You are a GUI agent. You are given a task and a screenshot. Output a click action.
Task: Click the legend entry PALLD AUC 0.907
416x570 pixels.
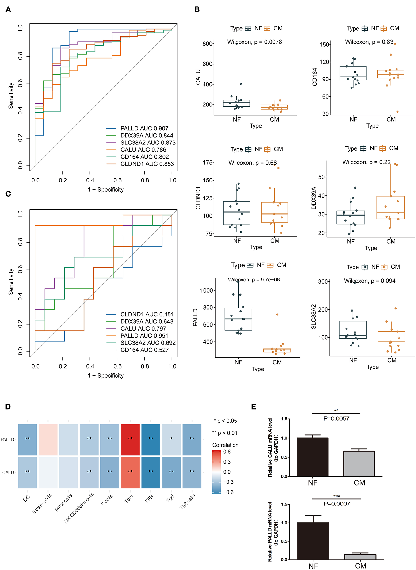click(x=144, y=128)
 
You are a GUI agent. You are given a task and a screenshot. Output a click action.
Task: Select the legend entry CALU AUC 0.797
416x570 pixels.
click(x=143, y=329)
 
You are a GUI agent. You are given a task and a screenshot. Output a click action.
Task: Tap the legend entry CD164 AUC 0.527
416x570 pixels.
click(x=144, y=350)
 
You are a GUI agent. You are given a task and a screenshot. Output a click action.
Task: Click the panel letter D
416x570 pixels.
click(x=8, y=407)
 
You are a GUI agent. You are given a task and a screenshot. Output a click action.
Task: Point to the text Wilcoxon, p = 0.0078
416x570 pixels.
click(x=254, y=42)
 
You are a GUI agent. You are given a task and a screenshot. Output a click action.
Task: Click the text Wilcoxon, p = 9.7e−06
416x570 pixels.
click(x=254, y=280)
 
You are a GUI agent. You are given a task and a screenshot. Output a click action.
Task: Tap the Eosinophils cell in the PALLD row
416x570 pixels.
click(x=48, y=439)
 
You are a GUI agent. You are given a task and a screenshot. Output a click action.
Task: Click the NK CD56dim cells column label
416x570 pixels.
click(x=79, y=507)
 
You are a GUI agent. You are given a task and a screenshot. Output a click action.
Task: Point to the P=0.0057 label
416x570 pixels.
click(x=336, y=418)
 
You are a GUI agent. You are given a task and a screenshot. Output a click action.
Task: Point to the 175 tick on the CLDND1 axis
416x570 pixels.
click(x=208, y=163)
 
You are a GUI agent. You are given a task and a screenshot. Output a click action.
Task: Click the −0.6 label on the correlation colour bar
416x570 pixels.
click(x=228, y=492)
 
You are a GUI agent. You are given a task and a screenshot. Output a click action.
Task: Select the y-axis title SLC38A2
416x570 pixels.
click(x=313, y=317)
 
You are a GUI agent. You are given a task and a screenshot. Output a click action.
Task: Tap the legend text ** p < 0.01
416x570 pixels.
click(x=225, y=433)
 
